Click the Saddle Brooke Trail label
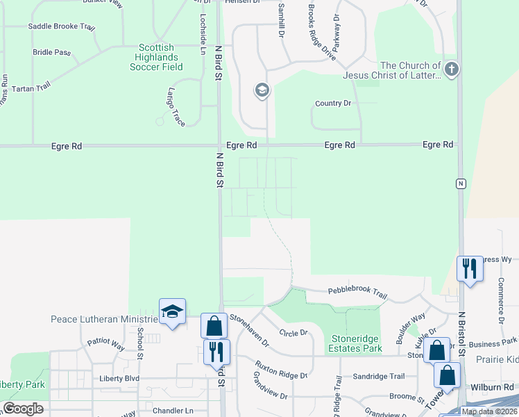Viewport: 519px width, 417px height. pyautogui.click(x=60, y=27)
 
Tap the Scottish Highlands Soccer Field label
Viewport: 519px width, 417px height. pyautogui.click(x=156, y=58)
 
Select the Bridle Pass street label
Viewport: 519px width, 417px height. pyautogui.click(x=52, y=52)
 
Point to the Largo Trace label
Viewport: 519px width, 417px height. pyautogui.click(x=176, y=106)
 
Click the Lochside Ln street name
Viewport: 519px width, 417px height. pyautogui.click(x=203, y=34)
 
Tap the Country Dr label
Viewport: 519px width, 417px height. pyautogui.click(x=333, y=104)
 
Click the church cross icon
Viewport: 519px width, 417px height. pyautogui.click(x=451, y=69)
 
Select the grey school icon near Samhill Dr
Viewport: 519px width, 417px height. pyautogui.click(x=262, y=90)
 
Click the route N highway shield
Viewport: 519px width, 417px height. pyautogui.click(x=460, y=183)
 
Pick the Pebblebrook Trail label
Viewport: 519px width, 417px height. pyautogui.click(x=357, y=294)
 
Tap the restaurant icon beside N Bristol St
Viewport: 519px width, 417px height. pyautogui.click(x=469, y=268)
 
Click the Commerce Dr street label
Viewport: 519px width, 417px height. pyautogui.click(x=500, y=301)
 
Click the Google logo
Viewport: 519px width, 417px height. pyautogui.click(x=22, y=409)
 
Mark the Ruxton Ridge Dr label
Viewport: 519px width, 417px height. pyautogui.click(x=280, y=366)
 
